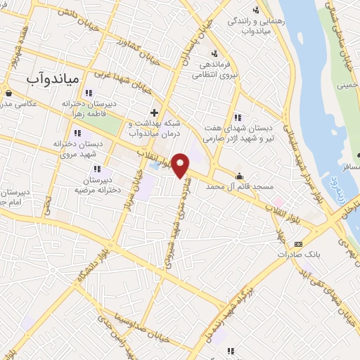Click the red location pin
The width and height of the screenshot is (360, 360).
pos(181,167)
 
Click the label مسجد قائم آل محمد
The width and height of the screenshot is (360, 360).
pos(239,187)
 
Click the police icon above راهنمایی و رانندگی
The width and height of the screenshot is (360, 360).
pos(256,9)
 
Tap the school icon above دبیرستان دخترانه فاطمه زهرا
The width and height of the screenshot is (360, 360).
pos(89,93)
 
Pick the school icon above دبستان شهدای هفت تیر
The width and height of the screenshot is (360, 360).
pos(238,117)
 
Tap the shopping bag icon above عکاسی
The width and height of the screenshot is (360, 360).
pos(7,92)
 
